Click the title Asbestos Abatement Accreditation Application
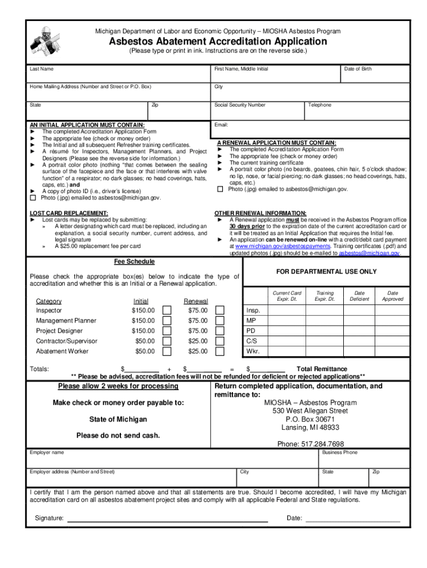pyautogui.click(x=217, y=42)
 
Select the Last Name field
pyautogui.click(x=119, y=76)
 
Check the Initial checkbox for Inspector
pyautogui.click(x=167, y=311)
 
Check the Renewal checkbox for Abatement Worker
pyautogui.click(x=220, y=351)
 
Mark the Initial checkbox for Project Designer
pyautogui.click(x=167, y=331)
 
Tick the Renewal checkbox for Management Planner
pyautogui.click(x=220, y=321)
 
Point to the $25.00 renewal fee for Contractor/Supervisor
pyautogui.click(x=197, y=341)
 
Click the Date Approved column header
pyautogui.click(x=392, y=296)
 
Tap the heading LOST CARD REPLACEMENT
pyautogui.click(x=68, y=213)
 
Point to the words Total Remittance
pyautogui.click(x=322, y=369)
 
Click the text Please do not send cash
pyautogui.click(x=118, y=435)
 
